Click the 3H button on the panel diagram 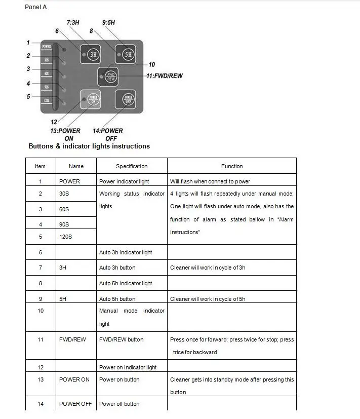coord(93,54)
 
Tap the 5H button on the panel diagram coord(126,53)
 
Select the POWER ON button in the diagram coord(92,99)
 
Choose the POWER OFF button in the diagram coord(127,99)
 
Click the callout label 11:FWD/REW coord(164,76)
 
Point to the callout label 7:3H coord(73,23)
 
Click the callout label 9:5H coord(108,23)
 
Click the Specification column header coord(132,166)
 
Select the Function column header coord(232,166)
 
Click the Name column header coord(76,166)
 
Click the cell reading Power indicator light coord(124,181)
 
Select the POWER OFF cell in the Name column coord(75,404)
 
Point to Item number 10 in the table coord(41,311)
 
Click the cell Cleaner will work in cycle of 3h coord(208,268)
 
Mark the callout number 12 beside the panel coord(54,122)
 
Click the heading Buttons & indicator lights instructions coord(89,146)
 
